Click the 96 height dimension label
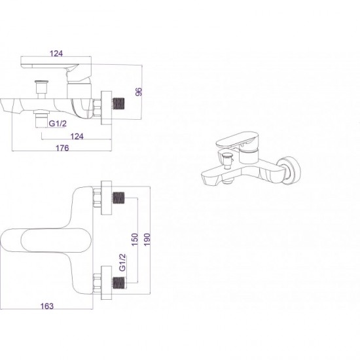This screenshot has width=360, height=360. point(139,92)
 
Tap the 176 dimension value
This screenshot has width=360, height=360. point(62,148)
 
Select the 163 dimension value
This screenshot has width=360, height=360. point(47,306)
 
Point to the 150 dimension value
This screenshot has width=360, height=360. point(135,240)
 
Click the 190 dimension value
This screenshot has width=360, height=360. point(147,240)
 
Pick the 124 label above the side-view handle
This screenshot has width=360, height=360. point(56,54)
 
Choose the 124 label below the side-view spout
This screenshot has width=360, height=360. point(77,136)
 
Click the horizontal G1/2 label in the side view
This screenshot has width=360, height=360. point(58,124)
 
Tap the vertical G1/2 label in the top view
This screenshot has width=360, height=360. point(123,262)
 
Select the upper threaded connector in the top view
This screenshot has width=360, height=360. point(118,198)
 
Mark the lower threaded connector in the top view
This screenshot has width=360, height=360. point(118,283)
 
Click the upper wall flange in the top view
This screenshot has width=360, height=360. point(106,198)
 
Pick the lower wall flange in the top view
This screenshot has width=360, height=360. point(106,283)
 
